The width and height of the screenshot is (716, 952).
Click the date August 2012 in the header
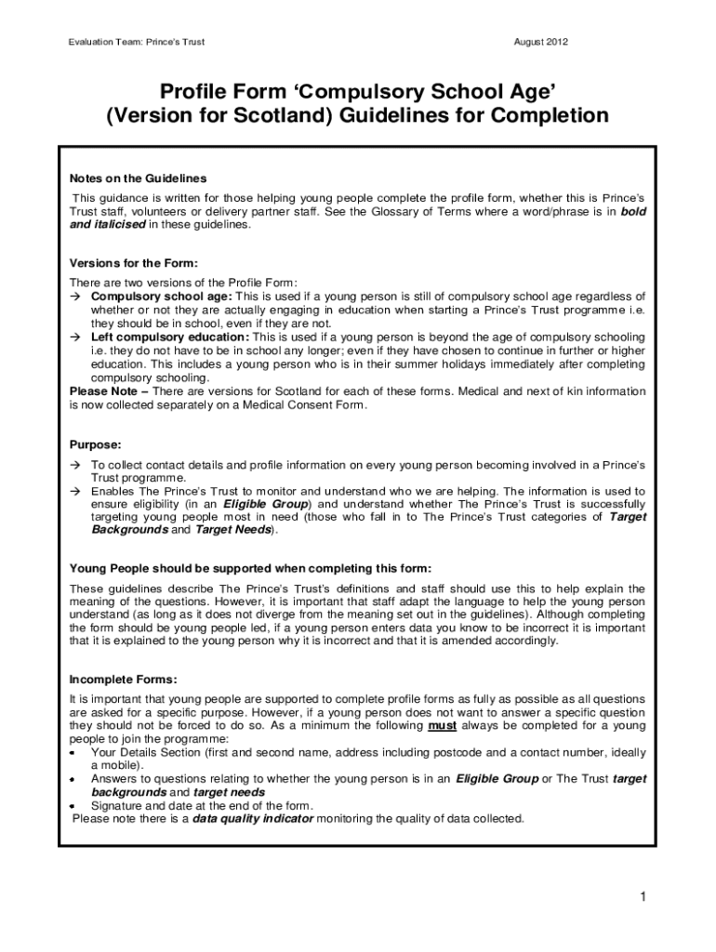(541, 42)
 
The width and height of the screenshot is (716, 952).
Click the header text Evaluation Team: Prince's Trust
(136, 42)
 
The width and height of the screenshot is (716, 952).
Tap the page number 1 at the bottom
(642, 896)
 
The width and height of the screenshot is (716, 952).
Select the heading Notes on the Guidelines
(138, 178)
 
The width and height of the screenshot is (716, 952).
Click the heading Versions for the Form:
(134, 263)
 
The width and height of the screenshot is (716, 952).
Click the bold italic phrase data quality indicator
(253, 819)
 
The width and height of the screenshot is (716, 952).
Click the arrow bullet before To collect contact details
(76, 463)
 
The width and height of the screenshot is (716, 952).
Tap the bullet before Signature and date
(73, 804)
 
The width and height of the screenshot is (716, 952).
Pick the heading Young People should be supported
(251, 568)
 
